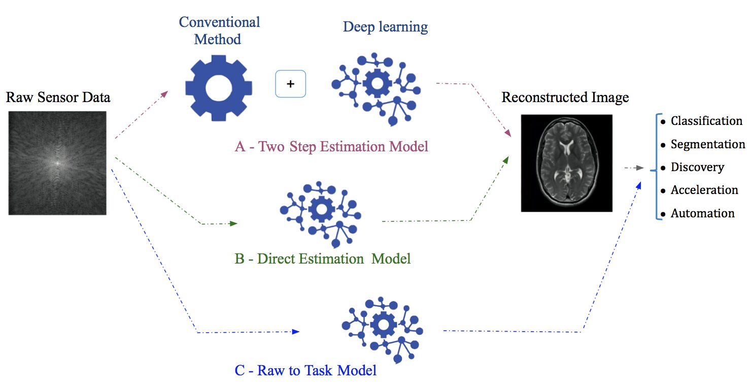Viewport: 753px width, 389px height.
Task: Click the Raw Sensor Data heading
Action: pyautogui.click(x=58, y=97)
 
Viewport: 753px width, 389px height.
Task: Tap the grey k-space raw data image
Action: pyautogui.click(x=57, y=163)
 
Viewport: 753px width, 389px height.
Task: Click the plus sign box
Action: pyautogui.click(x=290, y=84)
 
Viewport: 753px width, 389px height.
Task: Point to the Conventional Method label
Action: pyautogui.click(x=219, y=30)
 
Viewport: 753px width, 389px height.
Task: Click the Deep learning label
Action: pyautogui.click(x=385, y=26)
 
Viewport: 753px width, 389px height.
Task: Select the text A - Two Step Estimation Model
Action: pyautogui.click(x=331, y=147)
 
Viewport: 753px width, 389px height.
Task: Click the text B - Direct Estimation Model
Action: pyautogui.click(x=322, y=258)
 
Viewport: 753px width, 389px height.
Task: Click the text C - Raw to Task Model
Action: pyautogui.click(x=305, y=370)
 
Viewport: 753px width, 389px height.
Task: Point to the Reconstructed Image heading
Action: pyautogui.click(x=565, y=97)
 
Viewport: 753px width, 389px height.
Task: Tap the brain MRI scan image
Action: pyautogui.click(x=566, y=163)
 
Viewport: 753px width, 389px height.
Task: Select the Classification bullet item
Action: pyautogui.click(x=706, y=121)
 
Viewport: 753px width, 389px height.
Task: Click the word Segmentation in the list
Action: pyautogui.click(x=707, y=144)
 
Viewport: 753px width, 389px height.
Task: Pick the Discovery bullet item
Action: pyautogui.click(x=697, y=167)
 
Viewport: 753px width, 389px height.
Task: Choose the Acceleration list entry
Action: pyautogui.click(x=704, y=190)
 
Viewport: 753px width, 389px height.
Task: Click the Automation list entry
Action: pyautogui.click(x=702, y=213)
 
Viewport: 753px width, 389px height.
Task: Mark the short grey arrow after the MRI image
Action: pyautogui.click(x=634, y=168)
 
